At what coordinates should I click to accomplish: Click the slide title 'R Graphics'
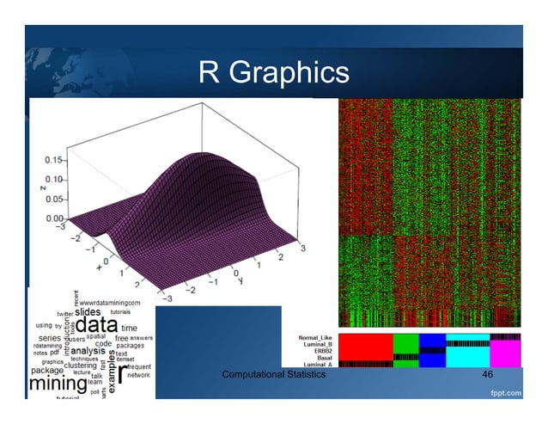[273, 72]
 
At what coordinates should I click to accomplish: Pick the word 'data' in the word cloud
[97, 326]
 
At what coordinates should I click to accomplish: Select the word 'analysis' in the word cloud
[88, 350]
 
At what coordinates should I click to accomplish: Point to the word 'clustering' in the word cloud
[80, 365]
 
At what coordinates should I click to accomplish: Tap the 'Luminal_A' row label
[316, 365]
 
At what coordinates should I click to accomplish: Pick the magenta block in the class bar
[505, 352]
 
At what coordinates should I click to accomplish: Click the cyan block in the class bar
[467, 353]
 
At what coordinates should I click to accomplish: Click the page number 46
[487, 376]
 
